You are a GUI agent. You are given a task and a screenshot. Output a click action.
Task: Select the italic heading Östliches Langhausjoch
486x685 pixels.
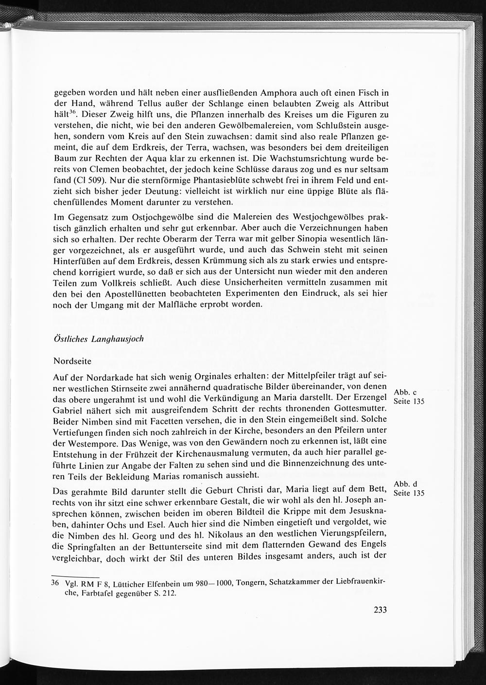99,339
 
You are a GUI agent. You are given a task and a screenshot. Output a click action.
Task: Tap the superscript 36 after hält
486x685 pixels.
73,113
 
